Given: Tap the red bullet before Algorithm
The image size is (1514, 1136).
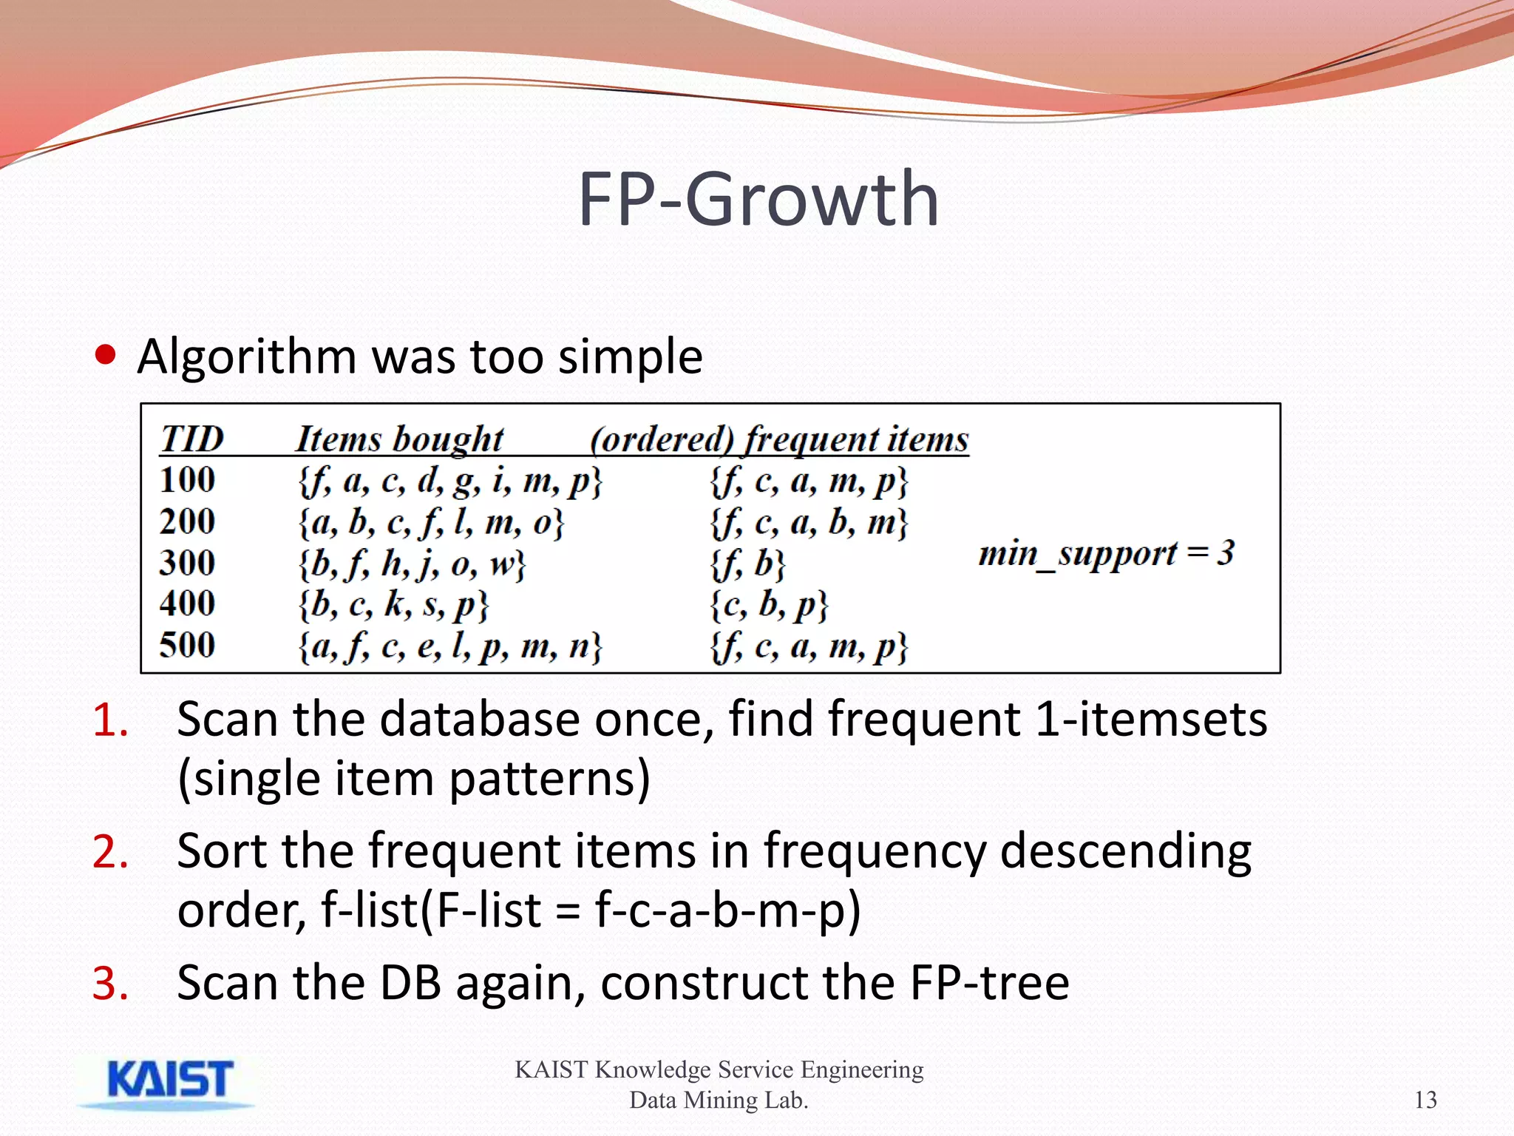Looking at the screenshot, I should pyautogui.click(x=106, y=355).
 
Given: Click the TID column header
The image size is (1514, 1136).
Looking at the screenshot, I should pyautogui.click(x=191, y=439).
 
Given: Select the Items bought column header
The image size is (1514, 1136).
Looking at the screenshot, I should pyautogui.click(x=399, y=439).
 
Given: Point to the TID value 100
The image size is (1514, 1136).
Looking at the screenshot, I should pyautogui.click(x=187, y=480).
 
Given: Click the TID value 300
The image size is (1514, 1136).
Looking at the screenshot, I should pyautogui.click(x=187, y=563).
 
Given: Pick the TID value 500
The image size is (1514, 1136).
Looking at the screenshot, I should pyautogui.click(x=187, y=645).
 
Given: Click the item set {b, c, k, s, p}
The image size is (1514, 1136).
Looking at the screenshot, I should pyautogui.click(x=393, y=605).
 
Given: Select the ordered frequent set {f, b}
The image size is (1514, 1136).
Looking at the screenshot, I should pyautogui.click(x=747, y=564).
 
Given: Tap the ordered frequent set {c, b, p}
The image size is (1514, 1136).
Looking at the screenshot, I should pyautogui.click(x=769, y=605).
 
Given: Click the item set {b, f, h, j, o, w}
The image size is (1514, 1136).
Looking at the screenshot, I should pyautogui.click(x=412, y=564).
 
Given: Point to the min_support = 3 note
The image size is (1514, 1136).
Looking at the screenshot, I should pyautogui.click(x=1106, y=553).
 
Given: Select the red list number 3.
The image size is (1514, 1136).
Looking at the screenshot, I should pyautogui.click(x=110, y=984).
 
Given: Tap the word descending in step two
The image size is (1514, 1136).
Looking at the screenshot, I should pyautogui.click(x=1124, y=851).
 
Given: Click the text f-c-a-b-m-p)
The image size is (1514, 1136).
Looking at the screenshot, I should pyautogui.click(x=727, y=910).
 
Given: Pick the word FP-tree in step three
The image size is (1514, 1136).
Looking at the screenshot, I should pyautogui.click(x=988, y=983).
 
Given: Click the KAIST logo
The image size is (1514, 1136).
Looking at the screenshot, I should pyautogui.click(x=169, y=1082).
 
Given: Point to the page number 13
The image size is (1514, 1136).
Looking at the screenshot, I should pyautogui.click(x=1425, y=1100).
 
